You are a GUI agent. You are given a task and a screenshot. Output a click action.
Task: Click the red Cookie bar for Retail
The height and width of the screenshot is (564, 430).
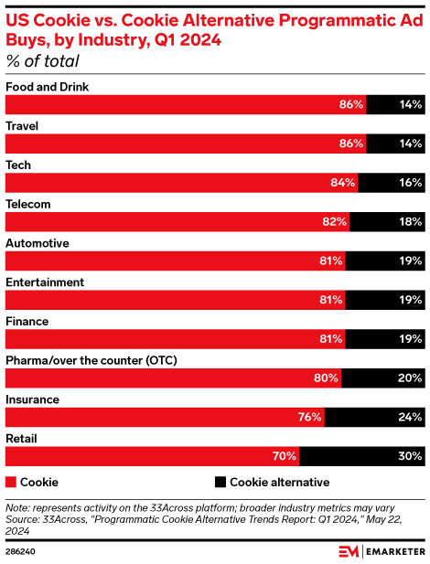point(152,456)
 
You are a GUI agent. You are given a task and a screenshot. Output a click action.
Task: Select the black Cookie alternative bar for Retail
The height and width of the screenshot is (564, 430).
point(362,456)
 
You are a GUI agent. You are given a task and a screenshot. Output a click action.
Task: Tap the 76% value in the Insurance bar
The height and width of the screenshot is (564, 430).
point(309,417)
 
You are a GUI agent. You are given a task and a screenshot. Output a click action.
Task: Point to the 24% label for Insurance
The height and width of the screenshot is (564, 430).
point(410,417)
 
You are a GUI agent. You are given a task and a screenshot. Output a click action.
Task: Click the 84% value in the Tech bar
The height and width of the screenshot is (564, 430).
point(343,183)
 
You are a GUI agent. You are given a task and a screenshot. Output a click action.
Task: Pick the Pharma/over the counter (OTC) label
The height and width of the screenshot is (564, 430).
point(91,360)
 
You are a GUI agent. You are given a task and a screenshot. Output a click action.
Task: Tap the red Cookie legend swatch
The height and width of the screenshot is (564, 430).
point(11,482)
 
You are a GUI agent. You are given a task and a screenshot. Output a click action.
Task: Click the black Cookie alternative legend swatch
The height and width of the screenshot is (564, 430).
point(220,482)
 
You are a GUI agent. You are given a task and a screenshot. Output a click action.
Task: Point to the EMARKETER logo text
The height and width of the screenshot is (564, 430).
point(392,552)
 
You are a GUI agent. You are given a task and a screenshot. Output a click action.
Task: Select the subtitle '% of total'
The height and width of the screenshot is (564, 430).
point(42,61)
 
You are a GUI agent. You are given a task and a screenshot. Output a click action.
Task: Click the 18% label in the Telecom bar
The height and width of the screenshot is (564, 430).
point(410,221)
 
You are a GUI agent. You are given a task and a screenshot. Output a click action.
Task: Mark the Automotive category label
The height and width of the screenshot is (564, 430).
point(38,243)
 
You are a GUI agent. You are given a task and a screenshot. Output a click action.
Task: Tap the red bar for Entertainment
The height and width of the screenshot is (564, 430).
point(174,300)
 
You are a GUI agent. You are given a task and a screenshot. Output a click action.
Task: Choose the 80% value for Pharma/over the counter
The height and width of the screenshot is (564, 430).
point(327,378)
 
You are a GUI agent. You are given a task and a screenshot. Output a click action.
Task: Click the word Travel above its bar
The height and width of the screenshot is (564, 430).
point(22,126)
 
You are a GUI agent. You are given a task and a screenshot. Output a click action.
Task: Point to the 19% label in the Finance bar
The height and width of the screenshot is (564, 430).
point(410,338)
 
